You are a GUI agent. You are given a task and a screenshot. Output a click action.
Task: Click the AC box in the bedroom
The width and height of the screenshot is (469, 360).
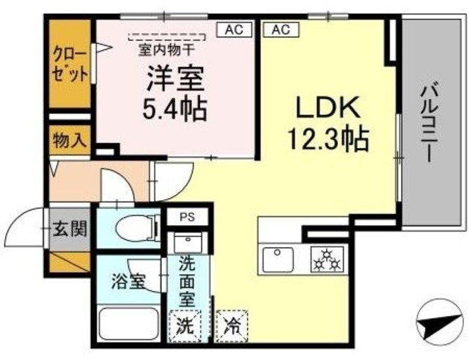point(234,30)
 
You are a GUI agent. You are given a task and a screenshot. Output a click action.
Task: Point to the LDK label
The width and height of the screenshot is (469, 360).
point(327,108)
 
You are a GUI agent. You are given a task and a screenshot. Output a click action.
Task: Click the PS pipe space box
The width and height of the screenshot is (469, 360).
point(189,217)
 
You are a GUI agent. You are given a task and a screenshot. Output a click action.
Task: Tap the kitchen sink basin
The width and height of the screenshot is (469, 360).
point(279,259)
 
